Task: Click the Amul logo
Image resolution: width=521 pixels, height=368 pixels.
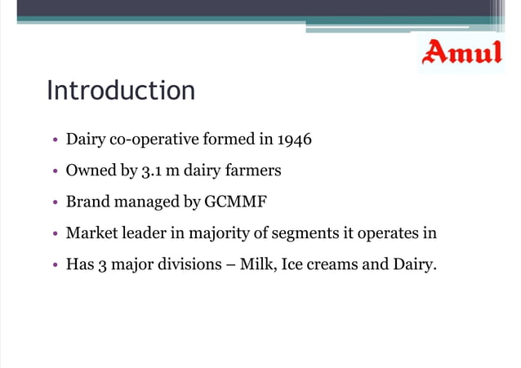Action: coord(461,53)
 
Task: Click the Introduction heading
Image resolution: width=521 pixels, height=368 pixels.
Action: coord(121,90)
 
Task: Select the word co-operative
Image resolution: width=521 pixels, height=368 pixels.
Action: coord(146,140)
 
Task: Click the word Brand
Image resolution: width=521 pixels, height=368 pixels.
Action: coord(86,202)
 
